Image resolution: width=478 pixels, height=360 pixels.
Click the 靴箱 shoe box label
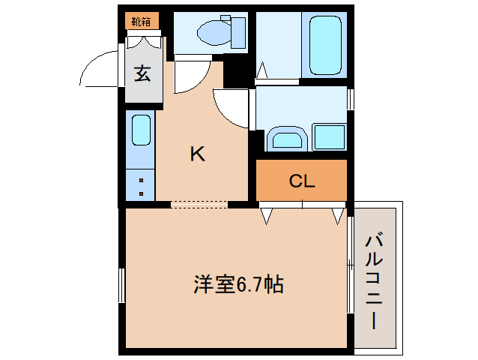coord(142,21)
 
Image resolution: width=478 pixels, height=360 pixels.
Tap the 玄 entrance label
coord(142,73)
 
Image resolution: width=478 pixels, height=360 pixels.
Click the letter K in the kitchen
coord(196,154)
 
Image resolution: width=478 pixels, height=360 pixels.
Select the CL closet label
coord(302,181)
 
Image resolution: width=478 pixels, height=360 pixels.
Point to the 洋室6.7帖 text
coord(238,285)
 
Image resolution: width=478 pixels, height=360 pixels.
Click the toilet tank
coord(238,32)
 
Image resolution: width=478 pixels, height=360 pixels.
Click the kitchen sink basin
coord(141,130)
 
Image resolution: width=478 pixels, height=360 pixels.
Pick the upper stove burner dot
coord(141,181)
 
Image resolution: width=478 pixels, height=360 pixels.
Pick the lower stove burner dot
coord(141,194)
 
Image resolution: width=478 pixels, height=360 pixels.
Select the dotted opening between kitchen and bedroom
coord(199,203)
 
